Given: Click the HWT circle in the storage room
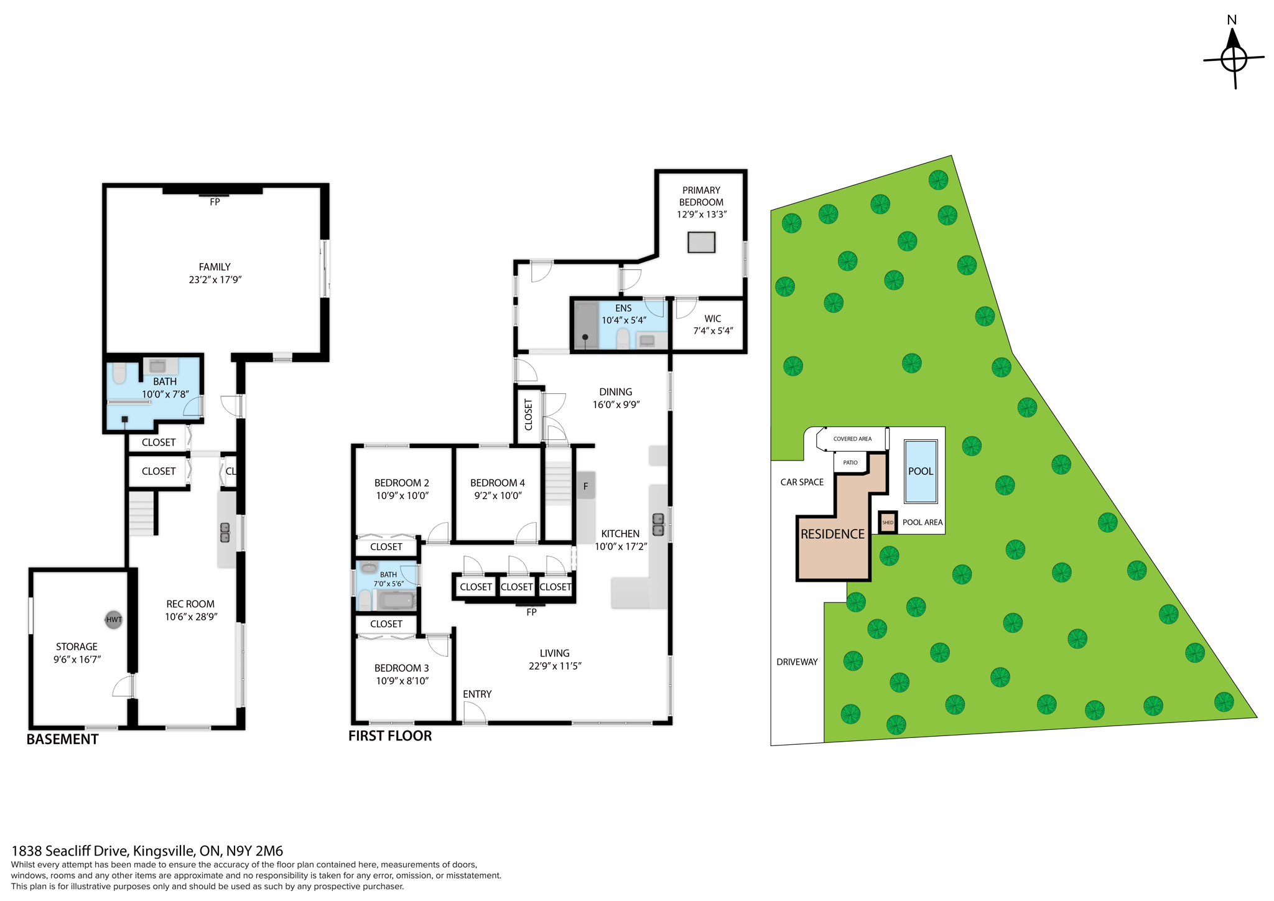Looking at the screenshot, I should pyautogui.click(x=113, y=619).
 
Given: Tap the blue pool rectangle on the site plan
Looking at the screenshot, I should pyautogui.click(x=920, y=471).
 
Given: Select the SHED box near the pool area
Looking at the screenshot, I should pyautogui.click(x=888, y=522).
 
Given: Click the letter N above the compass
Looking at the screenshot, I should pyautogui.click(x=1232, y=20).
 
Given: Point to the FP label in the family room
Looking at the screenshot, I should pyautogui.click(x=215, y=202).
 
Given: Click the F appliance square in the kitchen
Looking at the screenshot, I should pyautogui.click(x=585, y=486).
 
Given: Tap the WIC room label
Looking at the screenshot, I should pyautogui.click(x=713, y=319).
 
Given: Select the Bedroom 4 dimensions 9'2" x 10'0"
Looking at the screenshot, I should pyautogui.click(x=498, y=496).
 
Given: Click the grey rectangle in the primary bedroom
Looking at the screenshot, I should pyautogui.click(x=701, y=242).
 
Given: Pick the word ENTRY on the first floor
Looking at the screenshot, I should pyautogui.click(x=477, y=694).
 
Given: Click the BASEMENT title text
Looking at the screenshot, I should pyautogui.click(x=62, y=739).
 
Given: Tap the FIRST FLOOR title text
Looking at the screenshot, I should pyautogui.click(x=390, y=735).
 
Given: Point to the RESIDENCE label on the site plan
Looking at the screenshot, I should pyautogui.click(x=832, y=534).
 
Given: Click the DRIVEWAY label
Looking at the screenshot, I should pyautogui.click(x=797, y=661).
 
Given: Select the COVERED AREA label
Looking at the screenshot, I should pyautogui.click(x=852, y=439).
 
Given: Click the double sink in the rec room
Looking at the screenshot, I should pyautogui.click(x=225, y=533).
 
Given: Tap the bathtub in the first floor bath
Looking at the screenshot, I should pyautogui.click(x=396, y=600).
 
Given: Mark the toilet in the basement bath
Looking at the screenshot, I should pyautogui.click(x=119, y=373).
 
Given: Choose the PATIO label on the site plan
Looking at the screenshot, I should pyautogui.click(x=850, y=462).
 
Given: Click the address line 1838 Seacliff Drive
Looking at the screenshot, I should pyautogui.click(x=147, y=851).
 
